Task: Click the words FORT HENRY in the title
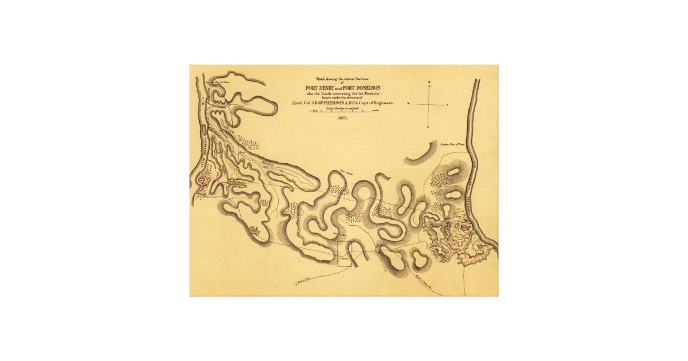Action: (320, 87)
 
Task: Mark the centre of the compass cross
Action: (428, 104)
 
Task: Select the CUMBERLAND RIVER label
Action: (475, 195)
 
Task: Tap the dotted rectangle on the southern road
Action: (346, 252)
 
